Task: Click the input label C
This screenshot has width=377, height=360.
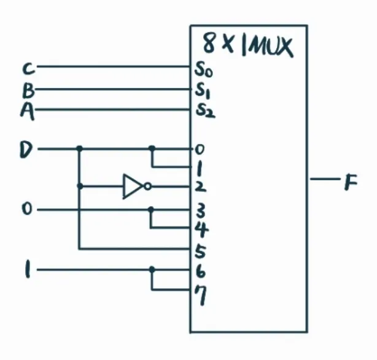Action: pyautogui.click(x=29, y=69)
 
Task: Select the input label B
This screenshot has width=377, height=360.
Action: pyautogui.click(x=28, y=91)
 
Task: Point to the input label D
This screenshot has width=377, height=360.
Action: pyautogui.click(x=26, y=150)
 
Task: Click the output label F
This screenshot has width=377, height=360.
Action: pyautogui.click(x=351, y=182)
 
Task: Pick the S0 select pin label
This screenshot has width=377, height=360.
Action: pyautogui.click(x=203, y=69)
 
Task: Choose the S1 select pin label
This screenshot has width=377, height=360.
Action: pyautogui.click(x=203, y=91)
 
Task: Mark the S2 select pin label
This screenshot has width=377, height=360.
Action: pyautogui.click(x=205, y=111)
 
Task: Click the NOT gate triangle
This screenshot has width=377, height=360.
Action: pyautogui.click(x=133, y=186)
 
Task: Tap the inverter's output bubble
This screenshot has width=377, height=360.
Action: pyautogui.click(x=147, y=186)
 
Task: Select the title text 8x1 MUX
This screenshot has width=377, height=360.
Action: pyautogui.click(x=248, y=45)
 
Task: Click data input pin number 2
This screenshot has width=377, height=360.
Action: pyautogui.click(x=200, y=187)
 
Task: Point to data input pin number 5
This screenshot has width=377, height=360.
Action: pyautogui.click(x=200, y=251)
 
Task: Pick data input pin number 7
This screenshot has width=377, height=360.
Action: pyautogui.click(x=201, y=296)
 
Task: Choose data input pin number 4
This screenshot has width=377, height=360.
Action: pyautogui.click(x=201, y=229)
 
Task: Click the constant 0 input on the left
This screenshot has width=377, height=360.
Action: pyautogui.click(x=26, y=209)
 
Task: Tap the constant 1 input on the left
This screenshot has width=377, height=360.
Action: pyautogui.click(x=28, y=269)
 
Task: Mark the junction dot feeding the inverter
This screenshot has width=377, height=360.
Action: pyautogui.click(x=80, y=186)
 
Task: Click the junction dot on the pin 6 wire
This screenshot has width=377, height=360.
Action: pyautogui.click(x=152, y=269)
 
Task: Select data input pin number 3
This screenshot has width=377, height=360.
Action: pyautogui.click(x=200, y=211)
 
